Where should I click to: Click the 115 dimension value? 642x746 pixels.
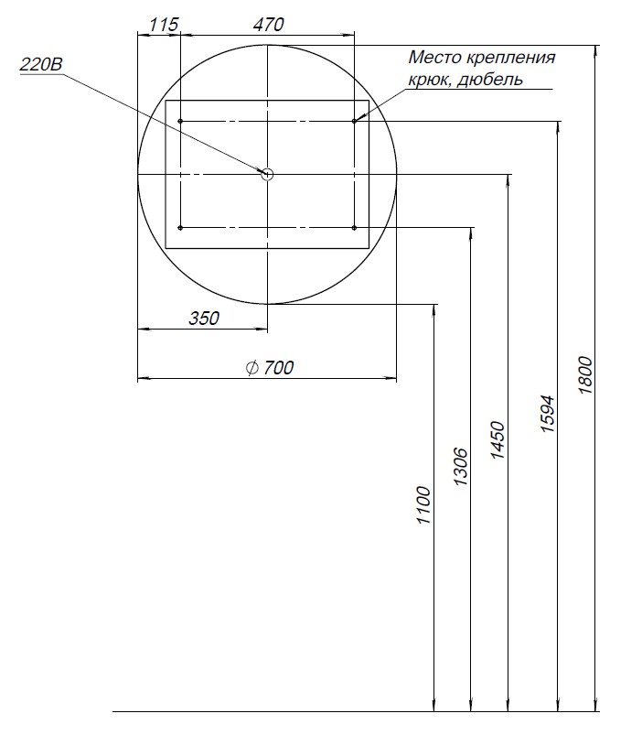point(164,25)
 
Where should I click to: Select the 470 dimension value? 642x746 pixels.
point(269,25)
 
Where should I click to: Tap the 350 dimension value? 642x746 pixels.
point(204,318)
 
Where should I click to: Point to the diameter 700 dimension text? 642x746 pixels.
point(270,367)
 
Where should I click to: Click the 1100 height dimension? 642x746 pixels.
point(423,505)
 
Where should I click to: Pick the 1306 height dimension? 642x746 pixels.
point(461,467)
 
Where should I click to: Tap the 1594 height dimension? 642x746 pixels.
point(548,414)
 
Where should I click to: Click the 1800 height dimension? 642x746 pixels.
point(585,375)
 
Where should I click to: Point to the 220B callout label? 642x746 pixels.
point(41,65)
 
